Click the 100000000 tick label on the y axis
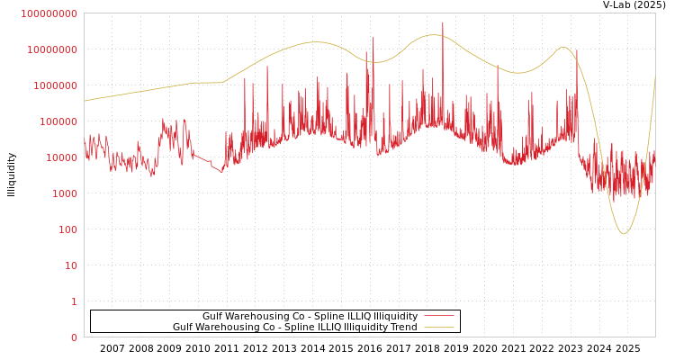(49, 13)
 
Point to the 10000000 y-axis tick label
(52, 49)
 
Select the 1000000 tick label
(55, 85)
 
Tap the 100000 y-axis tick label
(58, 121)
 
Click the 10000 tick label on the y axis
(61, 157)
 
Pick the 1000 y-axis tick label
(64, 193)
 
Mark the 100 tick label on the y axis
(67, 229)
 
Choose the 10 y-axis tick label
(71, 265)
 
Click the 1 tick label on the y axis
(74, 301)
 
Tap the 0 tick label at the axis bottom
(74, 337)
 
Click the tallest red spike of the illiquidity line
(443, 22)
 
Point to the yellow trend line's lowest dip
(624, 234)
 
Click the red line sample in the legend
(438, 317)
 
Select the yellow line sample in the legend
(438, 328)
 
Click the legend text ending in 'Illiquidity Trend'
(295, 328)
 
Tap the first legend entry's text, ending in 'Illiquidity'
(310, 317)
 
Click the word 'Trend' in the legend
(403, 328)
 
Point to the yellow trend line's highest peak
(434, 35)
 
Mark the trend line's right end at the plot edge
(655, 76)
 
